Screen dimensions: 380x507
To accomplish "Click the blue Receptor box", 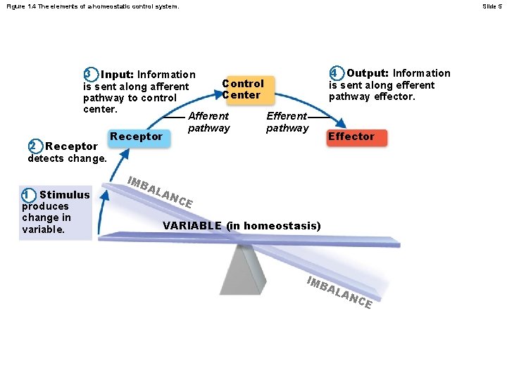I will [137, 137].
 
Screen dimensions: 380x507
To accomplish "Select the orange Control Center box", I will [242, 89].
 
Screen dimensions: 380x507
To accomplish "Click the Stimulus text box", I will [56, 212].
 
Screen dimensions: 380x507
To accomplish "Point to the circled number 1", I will [27, 195].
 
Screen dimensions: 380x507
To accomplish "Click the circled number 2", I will [35, 146].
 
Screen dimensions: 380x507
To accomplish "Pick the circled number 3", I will [89, 74].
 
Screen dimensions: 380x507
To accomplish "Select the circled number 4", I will [336, 73].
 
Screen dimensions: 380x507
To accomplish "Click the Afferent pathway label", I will [209, 122].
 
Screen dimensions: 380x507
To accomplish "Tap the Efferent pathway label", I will [287, 122].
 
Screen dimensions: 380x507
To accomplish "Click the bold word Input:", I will [118, 75].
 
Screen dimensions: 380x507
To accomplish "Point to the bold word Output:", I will [368, 73].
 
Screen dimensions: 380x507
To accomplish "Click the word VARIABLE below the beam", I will [192, 226].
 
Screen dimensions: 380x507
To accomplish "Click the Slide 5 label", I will [491, 6].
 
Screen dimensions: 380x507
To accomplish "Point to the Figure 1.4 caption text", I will [91, 6].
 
